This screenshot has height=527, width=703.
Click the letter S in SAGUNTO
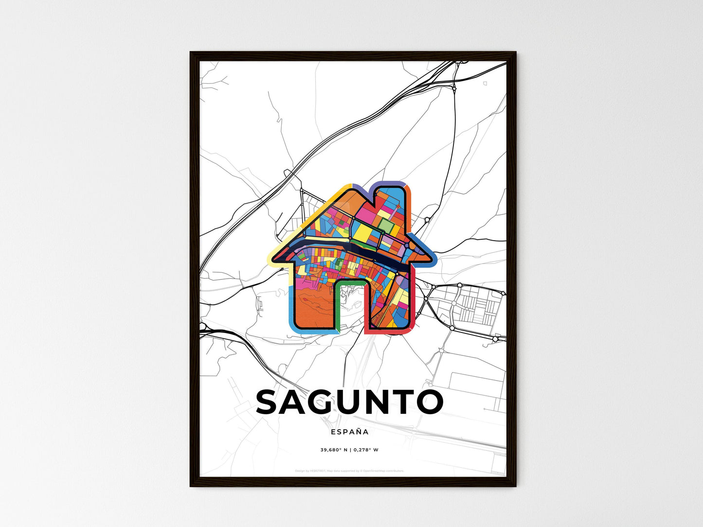270,402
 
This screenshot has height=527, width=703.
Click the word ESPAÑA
349,432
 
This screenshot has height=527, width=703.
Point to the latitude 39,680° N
333,450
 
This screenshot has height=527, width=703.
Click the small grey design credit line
349,471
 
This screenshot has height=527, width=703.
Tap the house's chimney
393,199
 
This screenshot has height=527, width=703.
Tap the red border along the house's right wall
413,301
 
